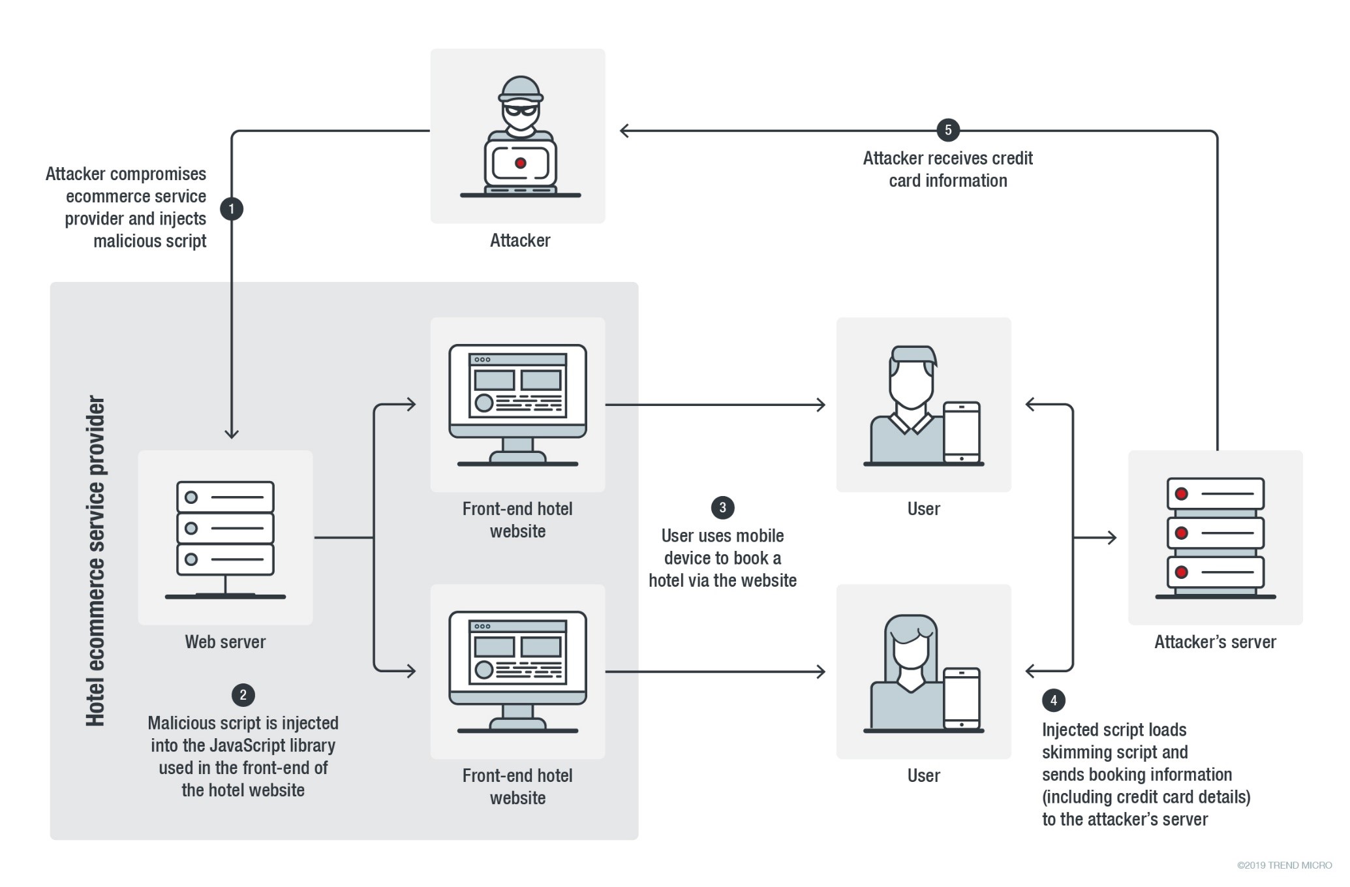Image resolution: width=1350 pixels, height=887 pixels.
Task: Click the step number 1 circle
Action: pyautogui.click(x=231, y=209)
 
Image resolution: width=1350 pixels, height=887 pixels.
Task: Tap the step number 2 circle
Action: pyautogui.click(x=243, y=694)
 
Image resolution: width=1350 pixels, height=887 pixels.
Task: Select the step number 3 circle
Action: pyautogui.click(x=722, y=507)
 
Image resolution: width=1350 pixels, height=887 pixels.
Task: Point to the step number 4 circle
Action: pyautogui.click(x=1053, y=700)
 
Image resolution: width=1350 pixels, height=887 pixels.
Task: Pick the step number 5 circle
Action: pyautogui.click(x=948, y=130)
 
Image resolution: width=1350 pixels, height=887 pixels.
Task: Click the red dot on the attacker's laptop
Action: pyautogui.click(x=520, y=163)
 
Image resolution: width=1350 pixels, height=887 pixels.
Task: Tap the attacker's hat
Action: pyautogui.click(x=520, y=89)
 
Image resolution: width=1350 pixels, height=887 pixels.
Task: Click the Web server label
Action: pyautogui.click(x=225, y=642)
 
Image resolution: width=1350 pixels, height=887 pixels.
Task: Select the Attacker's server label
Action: pyautogui.click(x=1215, y=642)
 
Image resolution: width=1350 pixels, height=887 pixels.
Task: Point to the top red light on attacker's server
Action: pyautogui.click(x=1181, y=493)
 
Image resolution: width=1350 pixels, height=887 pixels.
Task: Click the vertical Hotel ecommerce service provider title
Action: pyautogui.click(x=95, y=561)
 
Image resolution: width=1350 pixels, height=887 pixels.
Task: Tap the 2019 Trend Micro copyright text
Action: pyautogui.click(x=1284, y=865)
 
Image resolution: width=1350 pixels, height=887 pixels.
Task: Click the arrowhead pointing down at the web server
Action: pyautogui.click(x=231, y=433)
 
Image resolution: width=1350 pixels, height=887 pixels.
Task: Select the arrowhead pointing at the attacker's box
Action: pyautogui.click(x=624, y=131)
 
